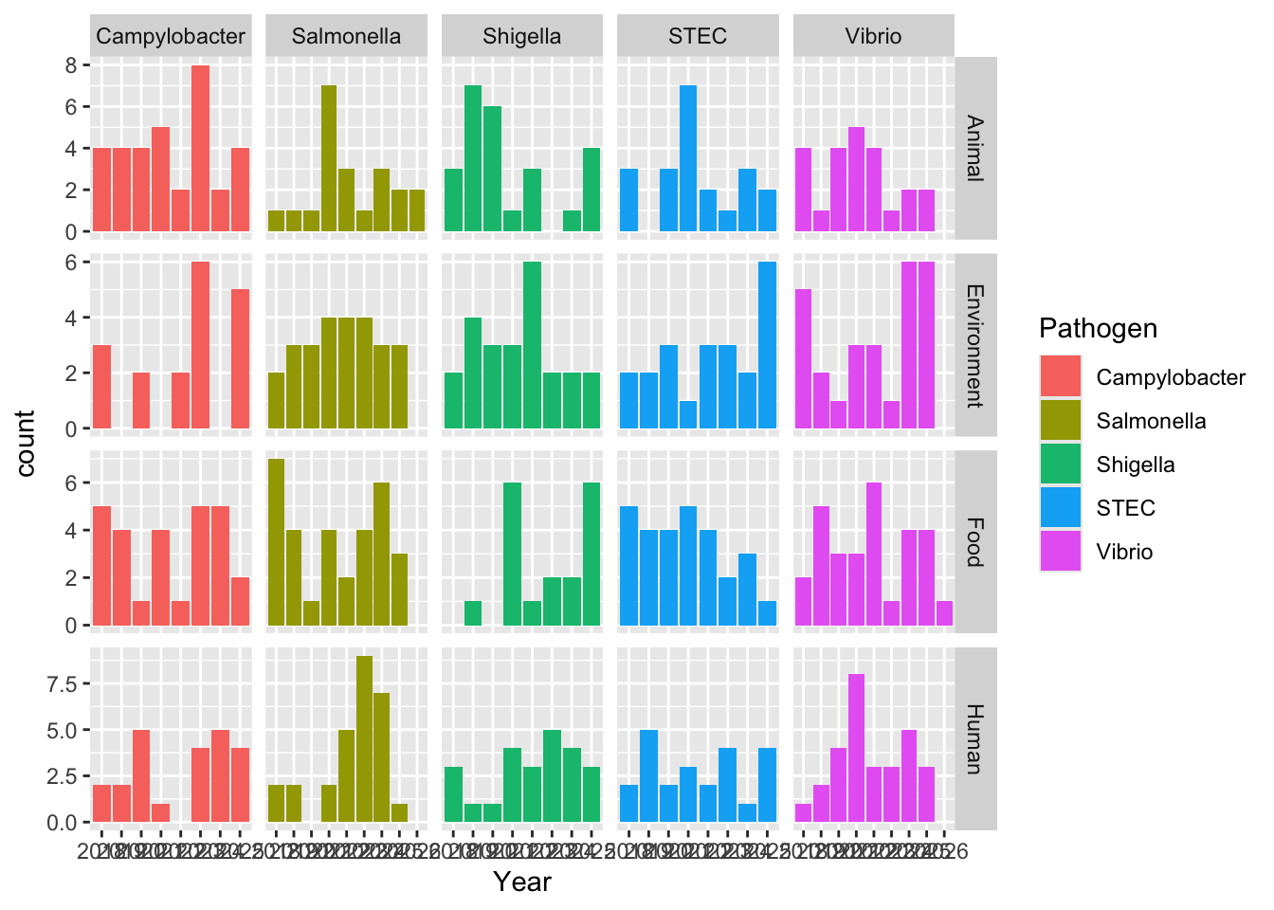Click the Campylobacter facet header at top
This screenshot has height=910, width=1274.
171,37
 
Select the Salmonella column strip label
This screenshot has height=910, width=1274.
346,37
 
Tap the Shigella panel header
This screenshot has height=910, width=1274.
521,37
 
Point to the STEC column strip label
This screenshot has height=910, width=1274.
698,37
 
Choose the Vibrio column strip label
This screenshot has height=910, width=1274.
873,37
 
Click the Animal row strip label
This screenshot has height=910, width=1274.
975,148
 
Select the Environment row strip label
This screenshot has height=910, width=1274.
975,345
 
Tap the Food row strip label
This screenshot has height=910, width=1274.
975,541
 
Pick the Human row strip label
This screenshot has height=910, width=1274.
975,738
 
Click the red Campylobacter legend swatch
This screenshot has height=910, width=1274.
1060,376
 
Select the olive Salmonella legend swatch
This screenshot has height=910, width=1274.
1060,420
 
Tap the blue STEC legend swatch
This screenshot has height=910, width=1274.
1060,507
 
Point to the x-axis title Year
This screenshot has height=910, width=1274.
521,883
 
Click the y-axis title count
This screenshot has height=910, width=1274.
26,443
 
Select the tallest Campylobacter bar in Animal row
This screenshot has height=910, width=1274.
200,148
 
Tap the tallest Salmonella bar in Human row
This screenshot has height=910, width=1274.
364,739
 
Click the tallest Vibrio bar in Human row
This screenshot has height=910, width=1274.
856,748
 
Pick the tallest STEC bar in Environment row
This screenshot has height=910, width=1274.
767,345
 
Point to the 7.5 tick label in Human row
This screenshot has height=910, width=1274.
64,683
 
